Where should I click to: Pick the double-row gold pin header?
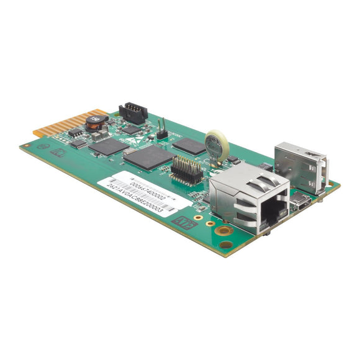click(186, 168)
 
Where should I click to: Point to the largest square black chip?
click(148, 158)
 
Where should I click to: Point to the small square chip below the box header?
click(131, 130)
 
